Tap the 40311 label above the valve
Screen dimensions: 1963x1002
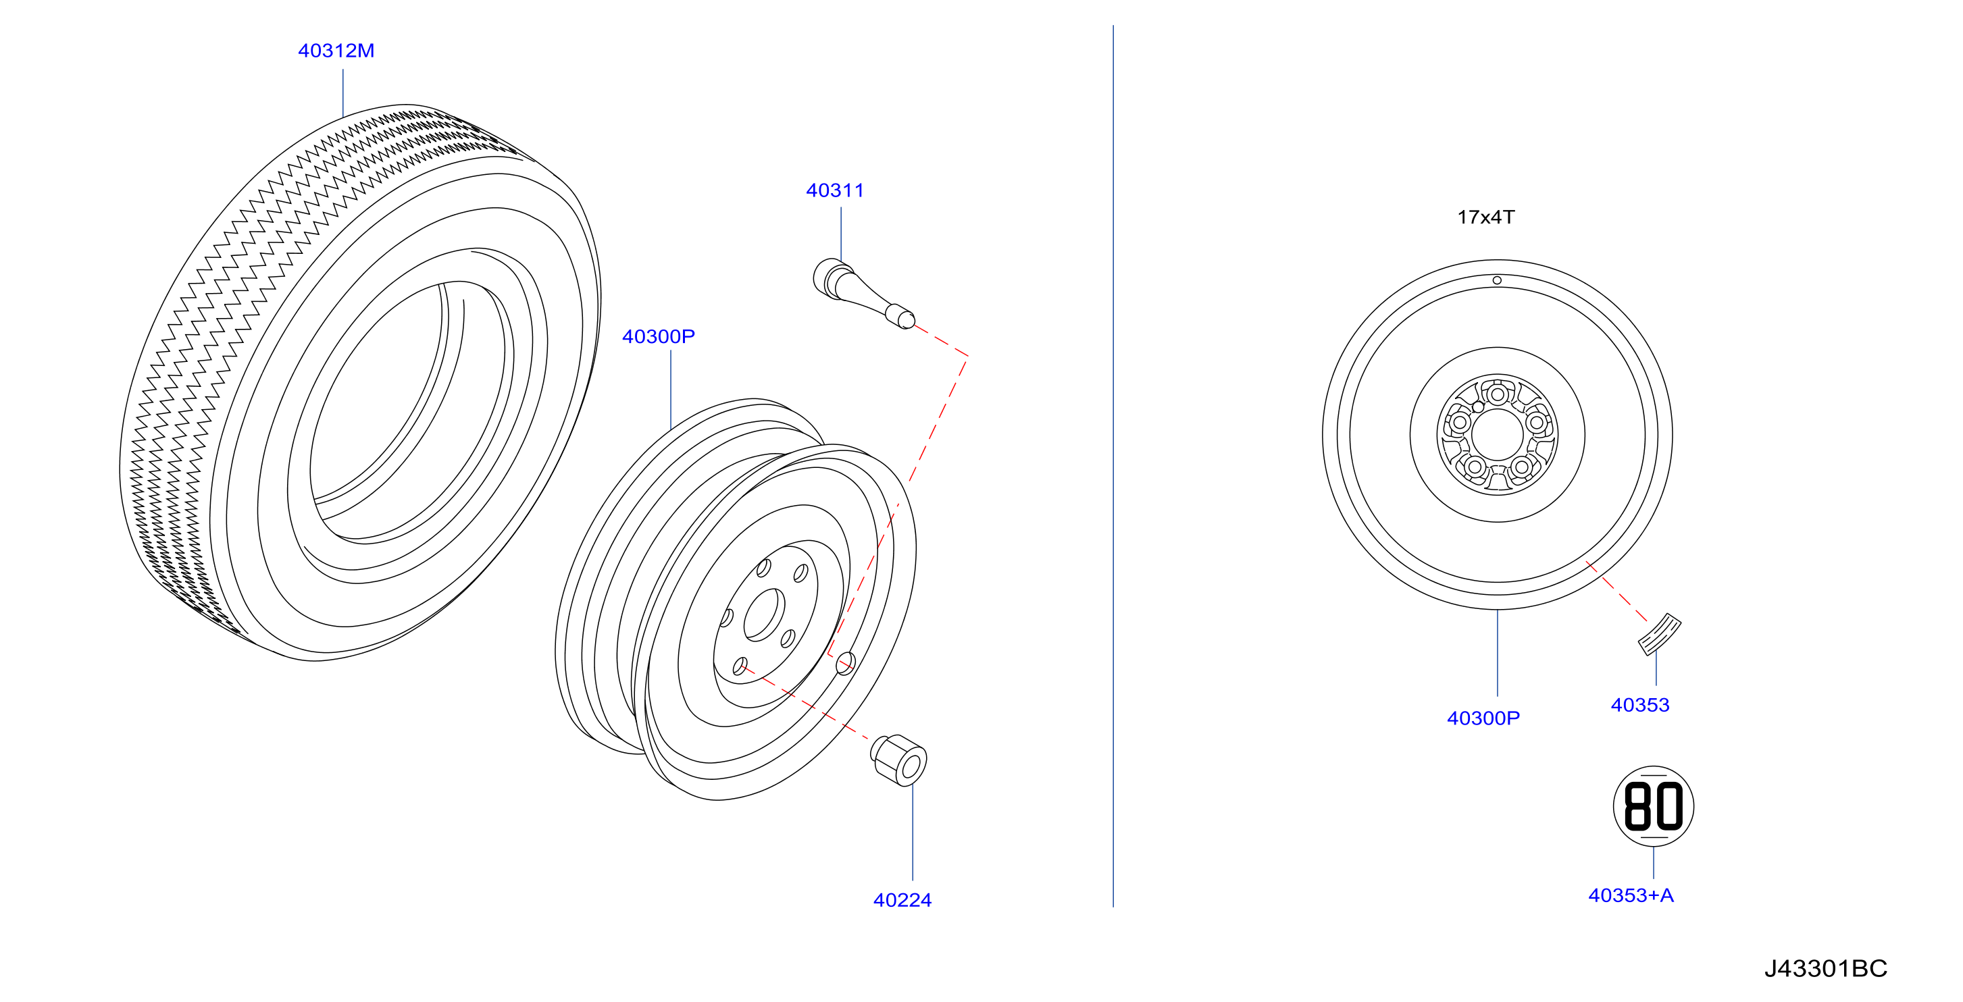point(835,190)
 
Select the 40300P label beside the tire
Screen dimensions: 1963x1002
point(659,336)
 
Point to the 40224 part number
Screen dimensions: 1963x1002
point(902,900)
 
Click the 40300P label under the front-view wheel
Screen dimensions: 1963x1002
point(1483,718)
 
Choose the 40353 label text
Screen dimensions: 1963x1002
point(1640,705)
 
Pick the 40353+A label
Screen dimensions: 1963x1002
point(1631,895)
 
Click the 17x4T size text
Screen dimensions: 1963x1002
point(1486,217)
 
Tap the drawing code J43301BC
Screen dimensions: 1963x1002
point(1826,968)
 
